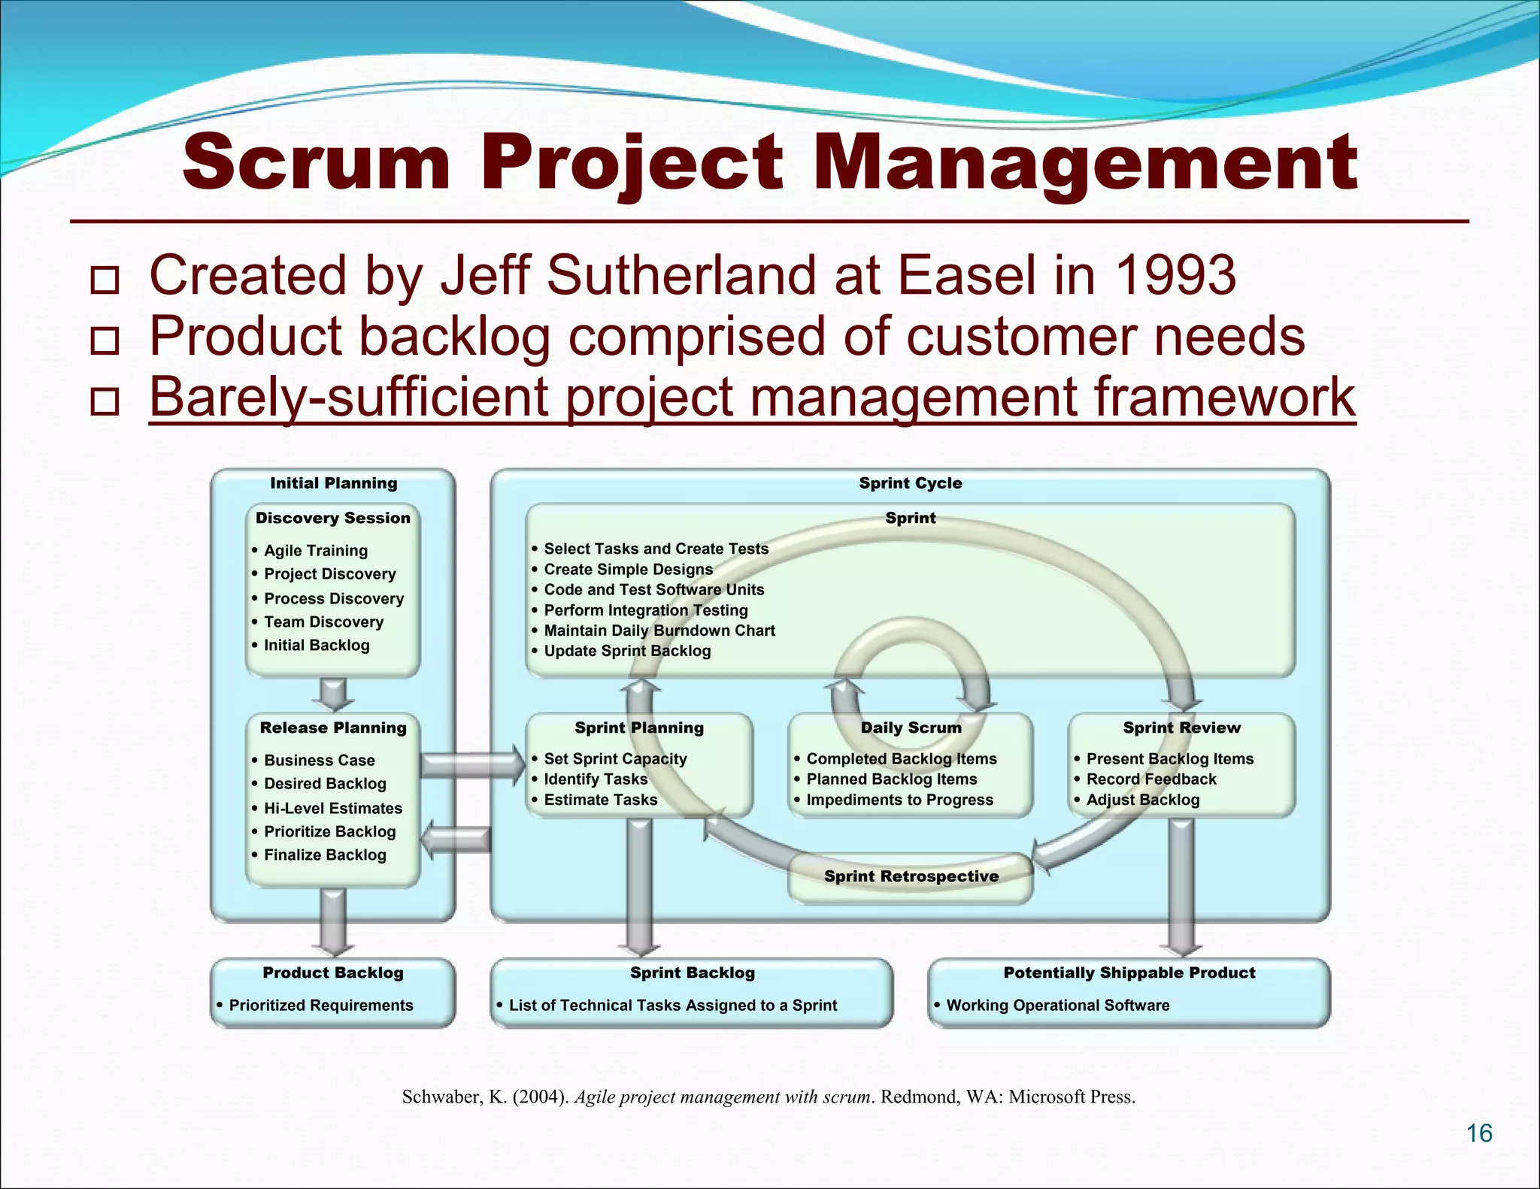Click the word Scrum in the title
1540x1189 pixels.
(x=316, y=162)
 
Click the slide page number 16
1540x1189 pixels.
(x=1479, y=1133)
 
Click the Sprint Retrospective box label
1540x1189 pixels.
(x=911, y=876)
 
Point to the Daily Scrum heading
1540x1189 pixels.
(x=911, y=728)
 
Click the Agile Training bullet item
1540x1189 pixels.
(x=315, y=551)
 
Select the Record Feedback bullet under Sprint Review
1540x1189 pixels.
(x=1150, y=779)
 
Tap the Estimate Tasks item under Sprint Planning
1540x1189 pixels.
(x=600, y=800)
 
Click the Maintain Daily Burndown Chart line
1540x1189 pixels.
(x=659, y=631)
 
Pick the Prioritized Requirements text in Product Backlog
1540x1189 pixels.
(x=320, y=1006)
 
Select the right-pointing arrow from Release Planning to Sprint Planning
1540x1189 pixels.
(x=472, y=765)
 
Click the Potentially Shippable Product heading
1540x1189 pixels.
(x=1129, y=973)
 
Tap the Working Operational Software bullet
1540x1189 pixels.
(x=1057, y=1006)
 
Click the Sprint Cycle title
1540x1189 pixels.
(x=910, y=483)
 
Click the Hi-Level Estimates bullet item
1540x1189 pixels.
(x=332, y=809)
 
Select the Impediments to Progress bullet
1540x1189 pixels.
(x=899, y=800)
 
